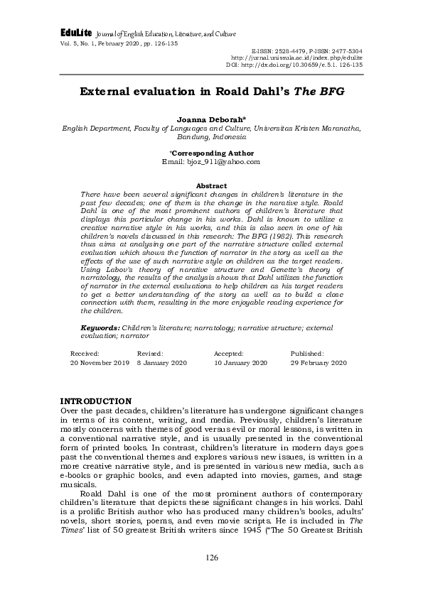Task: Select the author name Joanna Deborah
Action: tap(211, 120)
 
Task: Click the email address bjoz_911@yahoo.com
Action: tap(211, 161)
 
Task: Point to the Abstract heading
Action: tap(211, 185)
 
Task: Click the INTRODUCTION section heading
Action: tap(96, 401)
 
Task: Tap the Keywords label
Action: tap(100, 328)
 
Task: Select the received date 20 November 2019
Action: tap(100, 362)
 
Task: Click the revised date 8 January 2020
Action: tap(161, 362)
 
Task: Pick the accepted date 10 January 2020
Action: tap(240, 362)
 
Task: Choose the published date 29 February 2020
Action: tap(318, 362)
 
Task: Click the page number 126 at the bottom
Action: tap(211, 558)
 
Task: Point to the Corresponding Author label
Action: tap(211, 153)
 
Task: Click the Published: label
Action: tap(307, 353)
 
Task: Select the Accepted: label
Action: tap(229, 353)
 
